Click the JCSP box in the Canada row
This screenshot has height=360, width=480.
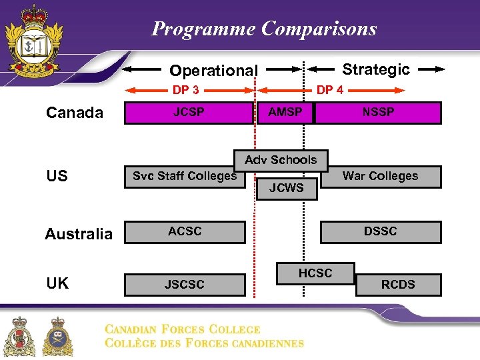pos(189,113)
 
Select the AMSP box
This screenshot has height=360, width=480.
pos(285,113)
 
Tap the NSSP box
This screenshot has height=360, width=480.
pos(378,113)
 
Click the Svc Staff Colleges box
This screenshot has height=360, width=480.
pos(185,177)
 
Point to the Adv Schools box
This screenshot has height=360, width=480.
pos(281,160)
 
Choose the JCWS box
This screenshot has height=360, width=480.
pos(286,188)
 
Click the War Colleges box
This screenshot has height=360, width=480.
pos(381,177)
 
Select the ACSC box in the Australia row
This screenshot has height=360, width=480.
pos(185,232)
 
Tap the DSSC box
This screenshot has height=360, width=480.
pos(381,232)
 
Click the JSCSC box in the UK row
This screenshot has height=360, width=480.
pos(185,285)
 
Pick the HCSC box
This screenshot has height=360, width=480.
pos(315,273)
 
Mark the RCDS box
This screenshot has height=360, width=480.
pos(398,285)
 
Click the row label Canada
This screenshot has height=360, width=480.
pos(75,113)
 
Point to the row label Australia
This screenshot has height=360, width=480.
pos(79,234)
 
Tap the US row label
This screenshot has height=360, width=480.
pos(57,176)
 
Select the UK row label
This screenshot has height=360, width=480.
pos(58,283)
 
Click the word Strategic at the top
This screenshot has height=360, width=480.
pos(375,69)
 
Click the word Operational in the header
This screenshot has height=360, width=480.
pos(213,71)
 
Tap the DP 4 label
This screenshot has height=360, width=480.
pos(330,90)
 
